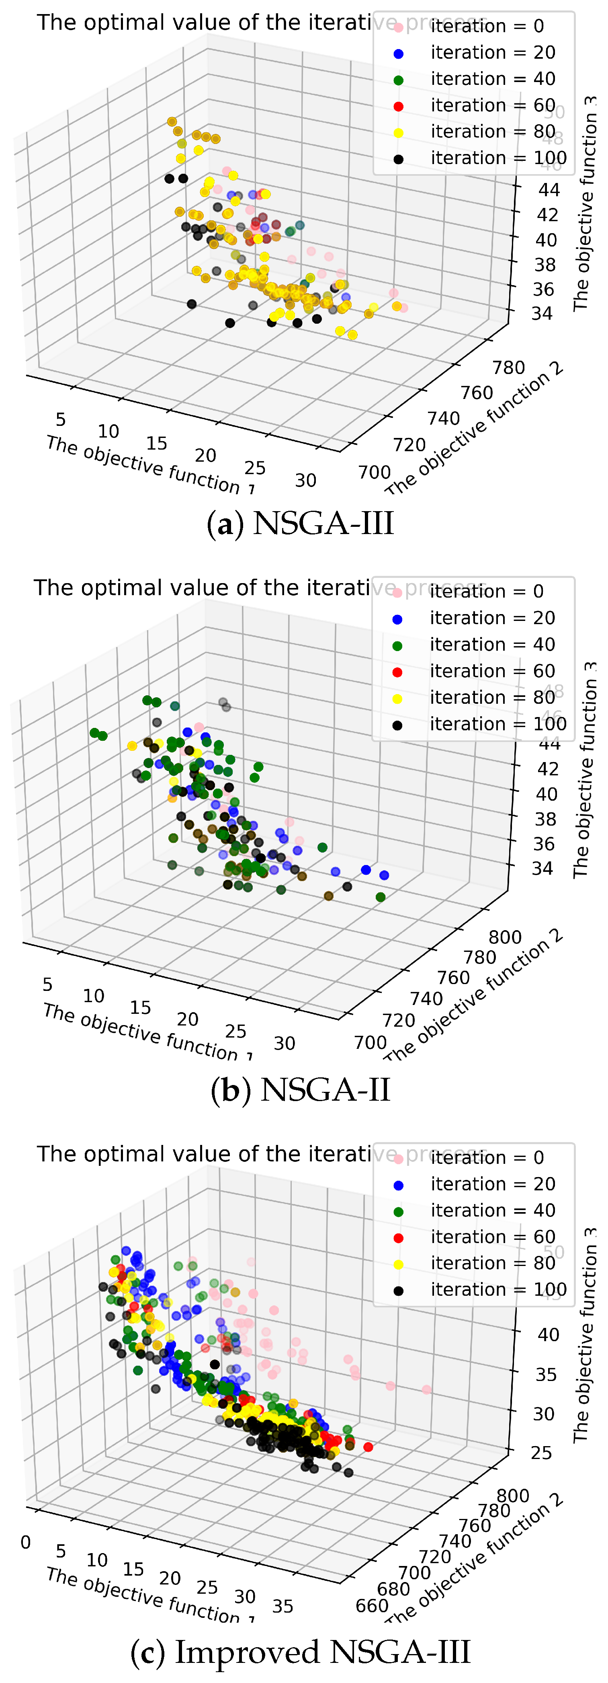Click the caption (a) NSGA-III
(301, 524)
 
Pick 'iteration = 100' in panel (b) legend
(497, 724)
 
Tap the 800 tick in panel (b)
(505, 937)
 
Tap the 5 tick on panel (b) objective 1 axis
(47, 984)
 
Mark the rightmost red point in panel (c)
(368, 1447)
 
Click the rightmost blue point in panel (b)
(384, 875)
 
